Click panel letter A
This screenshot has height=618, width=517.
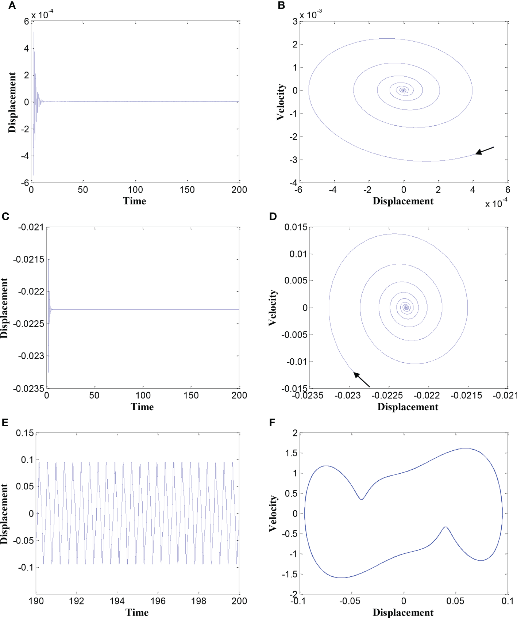tap(12, 6)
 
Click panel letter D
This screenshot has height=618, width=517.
tap(273, 217)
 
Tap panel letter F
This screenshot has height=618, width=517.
tap(272, 423)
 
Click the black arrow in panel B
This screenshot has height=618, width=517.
tap(485, 150)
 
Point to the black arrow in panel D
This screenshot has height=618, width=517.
tap(362, 380)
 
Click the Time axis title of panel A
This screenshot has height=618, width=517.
tap(135, 201)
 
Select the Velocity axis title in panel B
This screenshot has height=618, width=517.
tap(280, 102)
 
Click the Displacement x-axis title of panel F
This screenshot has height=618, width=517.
tap(403, 613)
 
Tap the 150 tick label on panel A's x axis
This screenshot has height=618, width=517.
tap(187, 190)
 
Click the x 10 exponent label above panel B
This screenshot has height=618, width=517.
tap(310, 15)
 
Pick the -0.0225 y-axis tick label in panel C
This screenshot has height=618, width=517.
tap(28, 324)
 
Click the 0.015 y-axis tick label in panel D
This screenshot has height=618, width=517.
tap(296, 227)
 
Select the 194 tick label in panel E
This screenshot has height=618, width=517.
tap(117, 601)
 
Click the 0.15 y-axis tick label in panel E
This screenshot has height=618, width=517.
tap(24, 433)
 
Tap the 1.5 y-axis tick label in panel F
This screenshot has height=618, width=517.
tap(290, 453)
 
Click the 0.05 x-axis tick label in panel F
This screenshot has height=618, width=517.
tap(455, 601)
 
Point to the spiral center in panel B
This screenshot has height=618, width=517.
tap(403, 90)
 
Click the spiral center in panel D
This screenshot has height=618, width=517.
tap(406, 308)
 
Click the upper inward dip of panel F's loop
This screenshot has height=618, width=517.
tap(361, 499)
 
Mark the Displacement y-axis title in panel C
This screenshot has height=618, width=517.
tap(4, 308)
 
